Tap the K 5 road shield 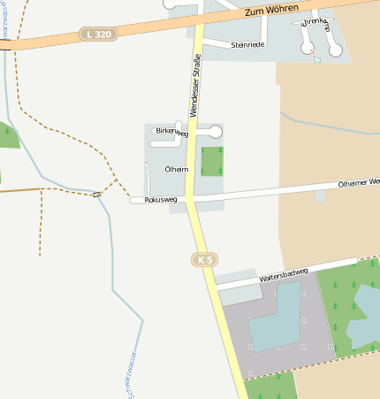coord(204,259)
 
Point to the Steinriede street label coord(247,44)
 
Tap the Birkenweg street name coord(171,133)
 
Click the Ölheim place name coord(176,168)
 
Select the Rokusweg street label coord(160,200)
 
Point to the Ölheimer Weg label coord(359,182)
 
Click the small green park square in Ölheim coord(212,161)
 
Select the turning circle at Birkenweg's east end coord(216,132)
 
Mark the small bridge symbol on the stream coord(96,195)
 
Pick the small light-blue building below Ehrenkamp coord(317,60)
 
